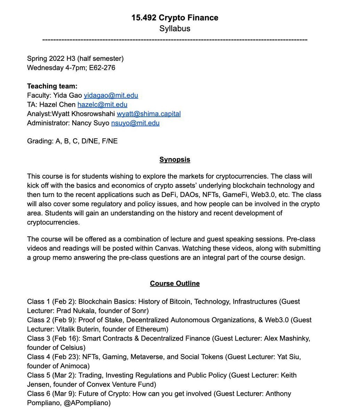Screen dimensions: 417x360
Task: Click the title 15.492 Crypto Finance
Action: (x=175, y=18)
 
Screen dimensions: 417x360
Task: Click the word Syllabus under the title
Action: (x=175, y=28)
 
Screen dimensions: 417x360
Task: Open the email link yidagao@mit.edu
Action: (x=111, y=95)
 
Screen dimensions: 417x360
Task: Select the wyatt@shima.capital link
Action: (x=149, y=114)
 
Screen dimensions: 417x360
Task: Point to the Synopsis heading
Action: (x=175, y=160)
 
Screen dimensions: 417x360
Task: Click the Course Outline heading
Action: (x=175, y=284)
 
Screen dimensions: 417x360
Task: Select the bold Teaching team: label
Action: (x=52, y=86)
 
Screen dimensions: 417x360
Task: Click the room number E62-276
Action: (x=102, y=68)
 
